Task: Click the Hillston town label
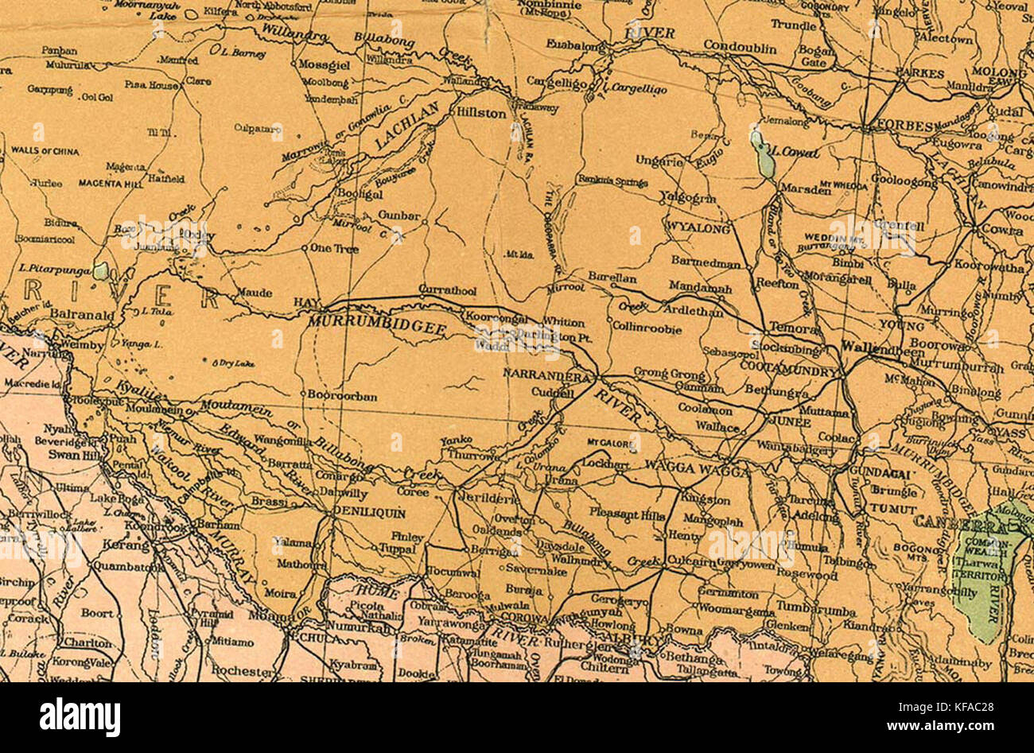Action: coord(480,114)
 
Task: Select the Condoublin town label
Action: coord(740,49)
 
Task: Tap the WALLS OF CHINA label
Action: coord(45,150)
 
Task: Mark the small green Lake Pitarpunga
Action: coord(101,271)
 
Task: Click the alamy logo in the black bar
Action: coord(80,717)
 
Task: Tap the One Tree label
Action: coord(334,249)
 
